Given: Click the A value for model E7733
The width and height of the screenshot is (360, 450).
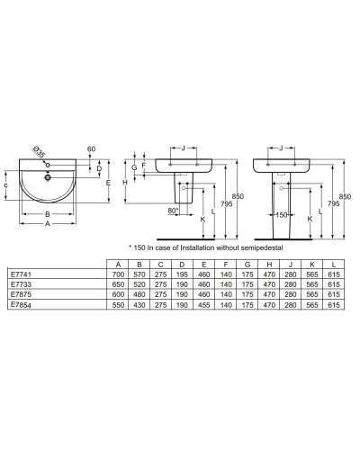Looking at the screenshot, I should click(115, 283).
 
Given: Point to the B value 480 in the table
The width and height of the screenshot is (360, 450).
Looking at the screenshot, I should click(138, 294).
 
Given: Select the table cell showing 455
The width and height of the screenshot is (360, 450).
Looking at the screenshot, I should click(206, 306).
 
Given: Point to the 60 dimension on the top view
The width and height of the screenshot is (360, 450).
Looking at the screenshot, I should click(92, 149).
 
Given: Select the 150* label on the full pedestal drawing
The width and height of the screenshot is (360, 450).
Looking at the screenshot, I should click(281, 215).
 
